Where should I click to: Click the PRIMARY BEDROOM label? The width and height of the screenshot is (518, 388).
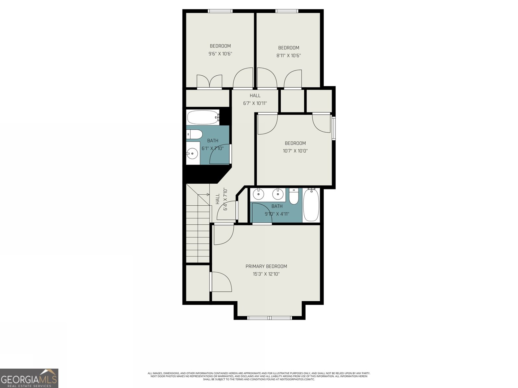[266, 266]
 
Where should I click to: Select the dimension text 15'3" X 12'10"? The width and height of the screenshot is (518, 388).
[266, 274]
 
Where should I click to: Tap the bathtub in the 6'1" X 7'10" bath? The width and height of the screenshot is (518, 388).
[203, 117]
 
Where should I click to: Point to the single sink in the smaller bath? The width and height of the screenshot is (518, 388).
[192, 153]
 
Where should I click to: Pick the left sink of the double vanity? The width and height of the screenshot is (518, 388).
[258, 194]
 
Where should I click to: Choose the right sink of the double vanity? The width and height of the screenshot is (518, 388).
[278, 194]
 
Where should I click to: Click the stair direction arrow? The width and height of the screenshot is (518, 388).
[204, 194]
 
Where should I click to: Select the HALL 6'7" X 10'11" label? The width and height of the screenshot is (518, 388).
[255, 99]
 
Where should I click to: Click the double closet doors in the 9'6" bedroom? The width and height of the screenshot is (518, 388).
[209, 81]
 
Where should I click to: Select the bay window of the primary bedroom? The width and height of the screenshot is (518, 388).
[270, 318]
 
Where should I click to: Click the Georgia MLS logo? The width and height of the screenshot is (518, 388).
[29, 378]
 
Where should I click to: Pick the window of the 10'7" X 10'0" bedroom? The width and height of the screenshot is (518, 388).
[334, 128]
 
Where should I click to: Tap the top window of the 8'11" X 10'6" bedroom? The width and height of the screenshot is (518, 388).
[287, 11]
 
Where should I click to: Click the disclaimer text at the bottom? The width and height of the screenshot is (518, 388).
[259, 376]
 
